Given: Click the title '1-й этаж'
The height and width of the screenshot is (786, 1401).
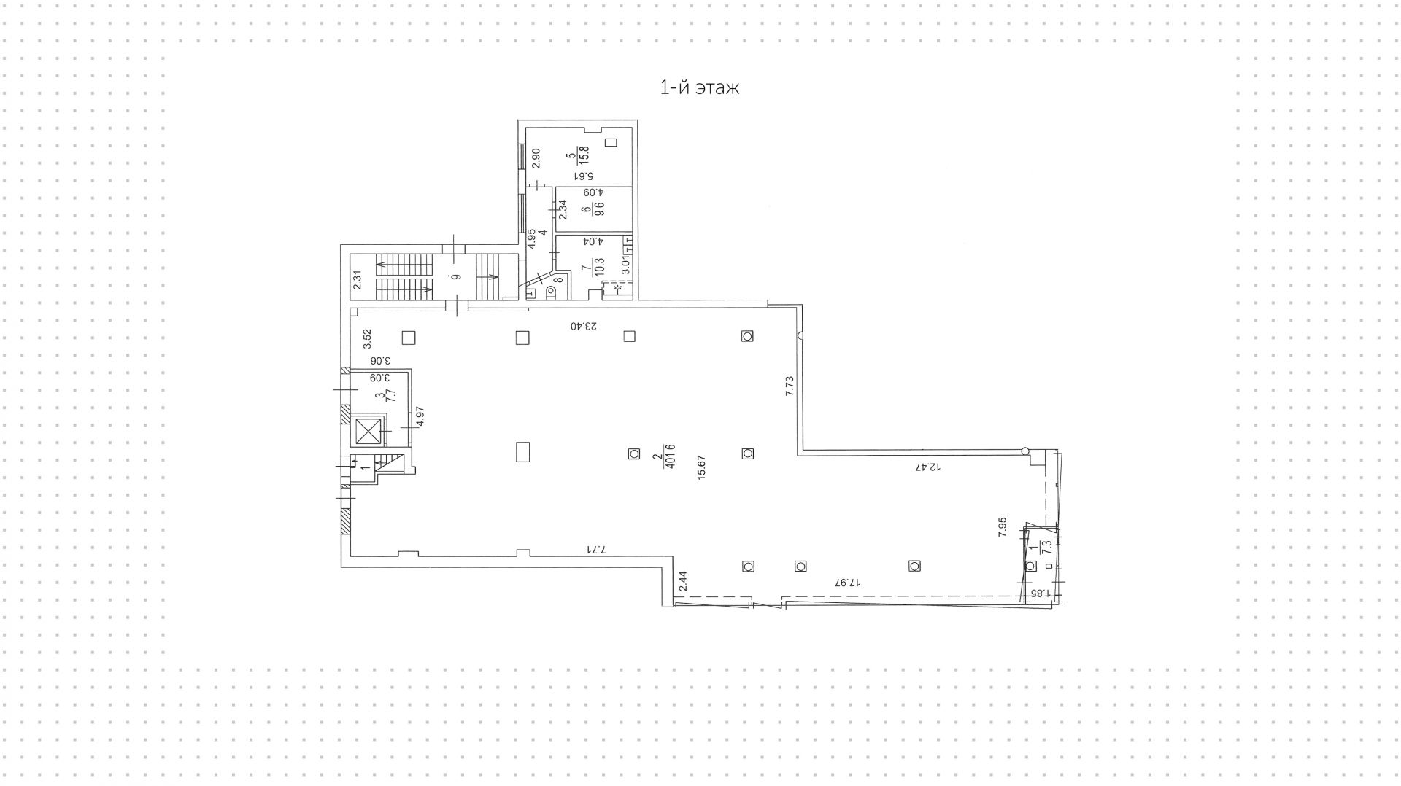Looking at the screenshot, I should coord(700,88).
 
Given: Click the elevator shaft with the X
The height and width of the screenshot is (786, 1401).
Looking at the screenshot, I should coord(369,432).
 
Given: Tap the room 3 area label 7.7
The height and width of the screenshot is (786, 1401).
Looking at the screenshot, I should coord(390,396).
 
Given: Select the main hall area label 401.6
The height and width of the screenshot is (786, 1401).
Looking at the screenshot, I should coord(669,456).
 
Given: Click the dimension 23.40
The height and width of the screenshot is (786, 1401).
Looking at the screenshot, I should coord(584,326).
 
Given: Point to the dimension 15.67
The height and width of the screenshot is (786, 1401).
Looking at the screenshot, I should coord(701,467).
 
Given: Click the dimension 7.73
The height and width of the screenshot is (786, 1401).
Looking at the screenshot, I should coord(790,385).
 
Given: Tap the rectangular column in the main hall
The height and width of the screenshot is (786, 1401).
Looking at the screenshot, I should coord(522,452).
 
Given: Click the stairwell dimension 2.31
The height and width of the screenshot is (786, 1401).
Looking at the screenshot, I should coord(358,281).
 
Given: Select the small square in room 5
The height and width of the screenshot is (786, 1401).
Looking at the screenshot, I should coord(611,143).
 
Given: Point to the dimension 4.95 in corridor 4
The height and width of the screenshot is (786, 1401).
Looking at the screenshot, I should coord(532,239).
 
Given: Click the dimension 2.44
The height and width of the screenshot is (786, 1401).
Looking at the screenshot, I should coord(683,581).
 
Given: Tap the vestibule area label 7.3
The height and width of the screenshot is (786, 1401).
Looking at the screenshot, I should coord(1048,548).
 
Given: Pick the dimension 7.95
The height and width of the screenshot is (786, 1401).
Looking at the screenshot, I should coord(1003,527).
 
